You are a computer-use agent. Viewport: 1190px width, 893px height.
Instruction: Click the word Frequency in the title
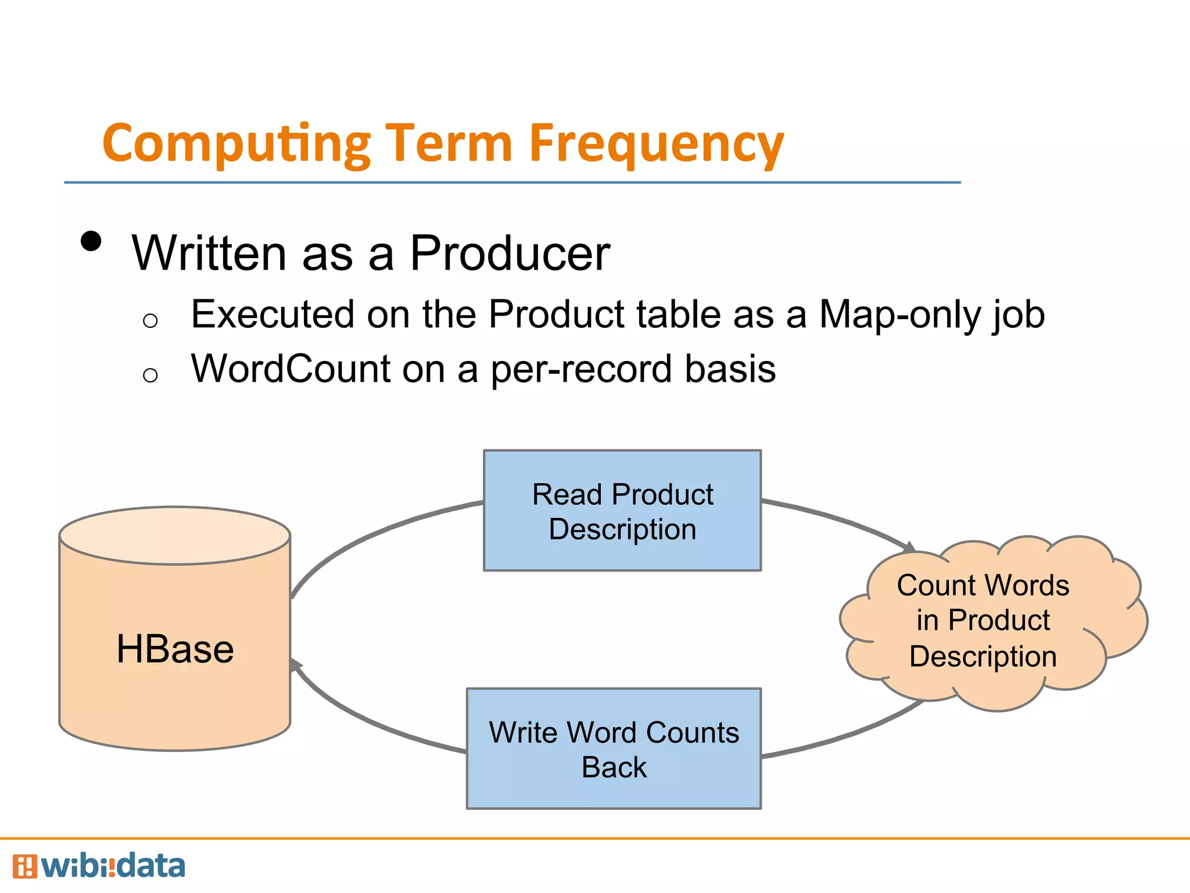[x=657, y=144]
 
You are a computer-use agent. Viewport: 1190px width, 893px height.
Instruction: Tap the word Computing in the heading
[x=236, y=144]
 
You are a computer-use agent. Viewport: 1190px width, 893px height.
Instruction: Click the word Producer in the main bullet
[x=510, y=253]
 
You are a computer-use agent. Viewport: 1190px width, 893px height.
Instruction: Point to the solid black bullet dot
[x=91, y=241]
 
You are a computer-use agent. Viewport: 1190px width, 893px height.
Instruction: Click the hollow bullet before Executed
[x=150, y=320]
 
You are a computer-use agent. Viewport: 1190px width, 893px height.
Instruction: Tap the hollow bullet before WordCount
[x=150, y=375]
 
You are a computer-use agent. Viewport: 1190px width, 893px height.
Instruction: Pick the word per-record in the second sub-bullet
[x=582, y=370]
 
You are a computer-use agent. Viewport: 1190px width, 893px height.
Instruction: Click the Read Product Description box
[x=622, y=510]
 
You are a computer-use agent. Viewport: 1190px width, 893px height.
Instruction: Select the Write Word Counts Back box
[x=614, y=749]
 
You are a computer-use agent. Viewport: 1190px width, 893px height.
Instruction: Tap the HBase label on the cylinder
[x=175, y=649]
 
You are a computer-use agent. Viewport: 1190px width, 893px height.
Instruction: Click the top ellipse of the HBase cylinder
[x=175, y=535]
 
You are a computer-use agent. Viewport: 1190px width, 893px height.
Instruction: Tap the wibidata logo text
[x=113, y=866]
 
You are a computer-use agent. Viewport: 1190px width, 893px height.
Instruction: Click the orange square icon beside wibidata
[x=24, y=866]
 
